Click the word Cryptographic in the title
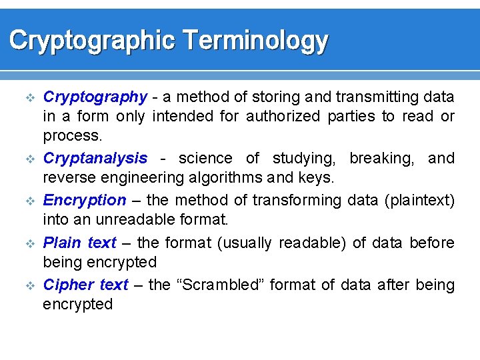click(x=91, y=41)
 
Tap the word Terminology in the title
click(x=255, y=41)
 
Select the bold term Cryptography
click(x=95, y=97)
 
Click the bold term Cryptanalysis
click(x=95, y=159)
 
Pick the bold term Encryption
click(x=85, y=200)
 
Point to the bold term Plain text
click(x=79, y=243)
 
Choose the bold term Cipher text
click(x=85, y=285)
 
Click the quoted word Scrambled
click(x=221, y=285)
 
